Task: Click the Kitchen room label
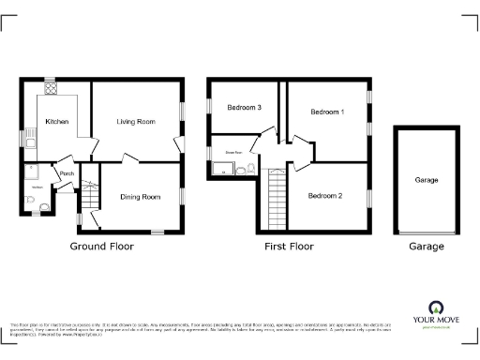[56, 122]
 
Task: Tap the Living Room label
[136, 122]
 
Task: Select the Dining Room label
[139, 197]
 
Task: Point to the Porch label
[67, 174]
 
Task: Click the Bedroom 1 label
[327, 112]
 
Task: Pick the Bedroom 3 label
[244, 108]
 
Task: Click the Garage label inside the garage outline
[427, 179]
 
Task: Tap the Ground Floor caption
[102, 247]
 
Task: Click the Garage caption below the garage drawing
[426, 247]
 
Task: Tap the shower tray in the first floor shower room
[222, 169]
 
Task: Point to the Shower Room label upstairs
[233, 151]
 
